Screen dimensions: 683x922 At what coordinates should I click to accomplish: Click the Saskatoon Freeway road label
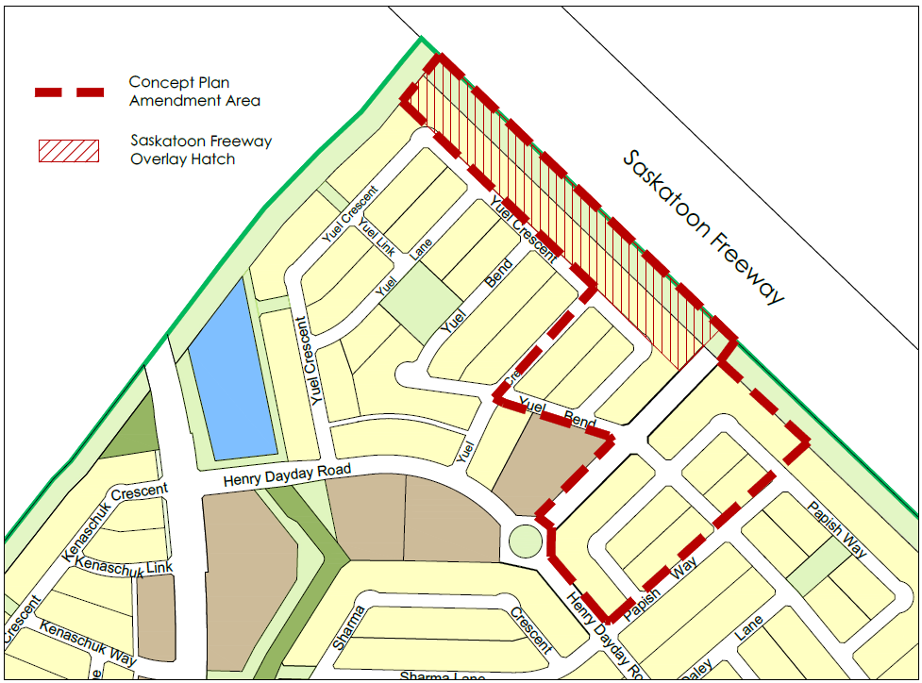tap(703, 226)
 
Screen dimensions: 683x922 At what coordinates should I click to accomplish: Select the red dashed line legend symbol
tap(69, 92)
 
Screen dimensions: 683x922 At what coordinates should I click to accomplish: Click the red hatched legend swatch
tap(67, 150)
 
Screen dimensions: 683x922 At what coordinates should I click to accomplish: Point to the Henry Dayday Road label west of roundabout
tap(287, 475)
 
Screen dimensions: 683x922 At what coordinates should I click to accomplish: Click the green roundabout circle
tap(525, 541)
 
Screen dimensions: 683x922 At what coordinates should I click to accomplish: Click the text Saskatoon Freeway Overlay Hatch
tap(201, 150)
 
